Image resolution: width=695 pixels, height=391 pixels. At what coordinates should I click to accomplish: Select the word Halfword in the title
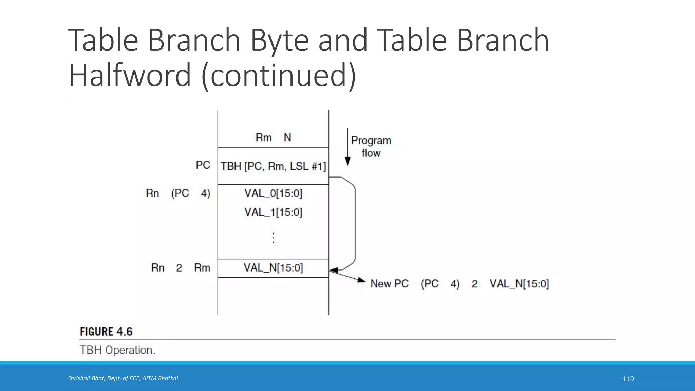[x=130, y=75]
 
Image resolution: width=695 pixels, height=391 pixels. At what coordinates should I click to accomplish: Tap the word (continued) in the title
[x=279, y=75]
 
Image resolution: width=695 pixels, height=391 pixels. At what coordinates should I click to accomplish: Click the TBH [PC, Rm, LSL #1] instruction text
[x=273, y=166]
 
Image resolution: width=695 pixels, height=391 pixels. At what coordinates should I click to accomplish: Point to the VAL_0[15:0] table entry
[x=273, y=193]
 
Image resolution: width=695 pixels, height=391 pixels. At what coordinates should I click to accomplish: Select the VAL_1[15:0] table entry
[x=273, y=212]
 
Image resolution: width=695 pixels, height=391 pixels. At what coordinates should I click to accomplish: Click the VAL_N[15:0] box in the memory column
[x=273, y=268]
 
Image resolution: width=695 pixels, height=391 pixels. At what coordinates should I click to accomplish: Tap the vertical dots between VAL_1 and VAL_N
[x=274, y=238]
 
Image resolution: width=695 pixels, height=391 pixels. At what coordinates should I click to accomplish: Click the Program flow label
[x=371, y=147]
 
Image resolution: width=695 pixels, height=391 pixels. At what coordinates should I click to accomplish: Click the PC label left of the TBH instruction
[x=203, y=165]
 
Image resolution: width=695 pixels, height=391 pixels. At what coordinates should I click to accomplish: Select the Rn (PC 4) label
[x=178, y=193]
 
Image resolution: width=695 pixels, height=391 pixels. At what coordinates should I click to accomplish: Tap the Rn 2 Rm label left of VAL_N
[x=181, y=268]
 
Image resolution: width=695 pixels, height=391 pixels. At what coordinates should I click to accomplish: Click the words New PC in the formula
[x=389, y=284]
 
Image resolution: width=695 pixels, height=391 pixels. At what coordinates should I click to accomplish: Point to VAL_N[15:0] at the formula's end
[x=519, y=284]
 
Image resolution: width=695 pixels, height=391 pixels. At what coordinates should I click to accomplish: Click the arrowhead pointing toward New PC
[x=362, y=280]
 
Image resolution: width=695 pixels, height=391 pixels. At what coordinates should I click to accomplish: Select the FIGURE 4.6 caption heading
[x=106, y=332]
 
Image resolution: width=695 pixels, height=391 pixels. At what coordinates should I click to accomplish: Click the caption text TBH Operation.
[x=117, y=350]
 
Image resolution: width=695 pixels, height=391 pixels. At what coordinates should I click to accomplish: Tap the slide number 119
[x=628, y=379]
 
